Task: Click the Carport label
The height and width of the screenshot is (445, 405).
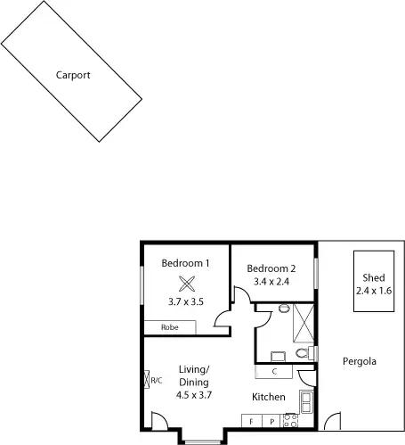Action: coord(73,76)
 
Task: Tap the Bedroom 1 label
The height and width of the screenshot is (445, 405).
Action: coord(185,263)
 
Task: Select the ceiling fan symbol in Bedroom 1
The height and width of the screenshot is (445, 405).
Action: coord(186,284)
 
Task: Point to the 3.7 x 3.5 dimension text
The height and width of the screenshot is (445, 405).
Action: coord(185,301)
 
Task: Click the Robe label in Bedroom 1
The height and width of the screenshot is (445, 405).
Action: coord(170,327)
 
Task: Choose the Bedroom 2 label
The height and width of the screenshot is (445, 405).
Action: coord(271,268)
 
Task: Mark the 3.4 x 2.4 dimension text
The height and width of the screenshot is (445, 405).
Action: coord(271,282)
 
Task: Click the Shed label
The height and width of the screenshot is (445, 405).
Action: coord(373,278)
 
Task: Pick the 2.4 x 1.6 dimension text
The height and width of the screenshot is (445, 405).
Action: coord(373,291)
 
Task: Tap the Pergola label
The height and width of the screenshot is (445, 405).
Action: coord(360,362)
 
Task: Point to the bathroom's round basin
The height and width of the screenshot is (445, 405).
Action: coord(283,309)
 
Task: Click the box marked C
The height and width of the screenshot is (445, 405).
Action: coord(275,371)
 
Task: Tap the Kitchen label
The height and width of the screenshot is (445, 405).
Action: coord(268,397)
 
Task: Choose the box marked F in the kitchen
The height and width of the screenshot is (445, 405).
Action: coord(251,420)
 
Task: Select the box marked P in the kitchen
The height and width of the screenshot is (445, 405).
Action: coord(271,420)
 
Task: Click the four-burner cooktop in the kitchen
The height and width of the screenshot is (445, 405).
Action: coord(290,419)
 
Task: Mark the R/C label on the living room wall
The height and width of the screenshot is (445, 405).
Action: coord(156,381)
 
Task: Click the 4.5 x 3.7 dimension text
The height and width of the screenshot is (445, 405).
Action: coord(193,394)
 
